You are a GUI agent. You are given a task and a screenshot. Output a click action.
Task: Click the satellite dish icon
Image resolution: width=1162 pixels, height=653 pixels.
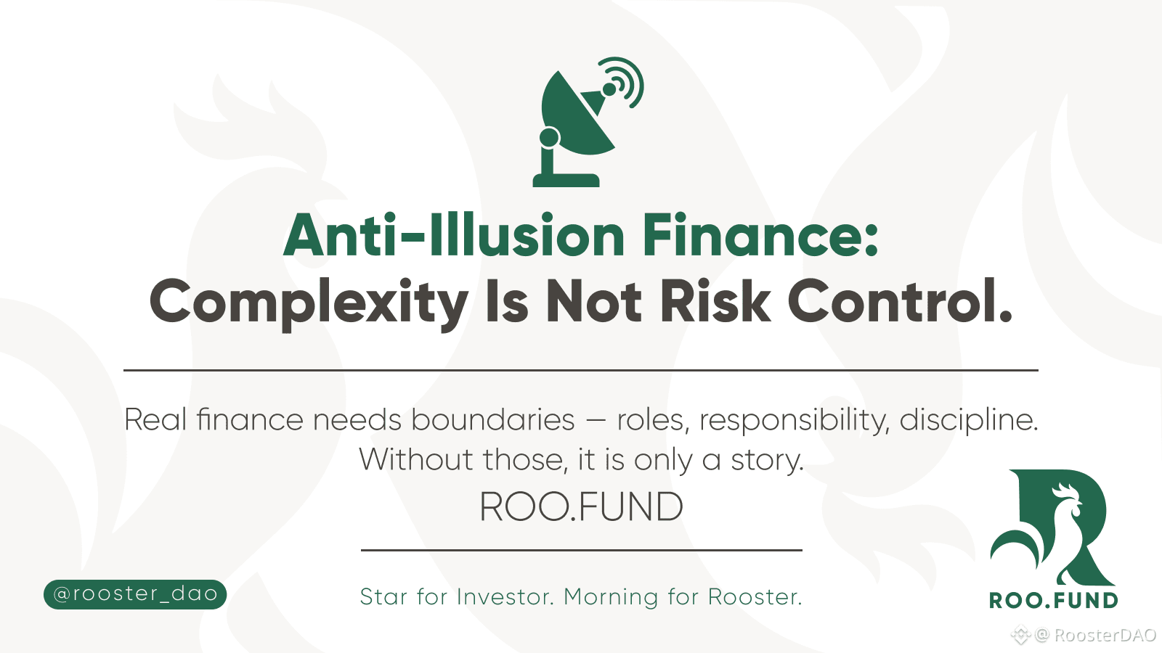click(576, 130)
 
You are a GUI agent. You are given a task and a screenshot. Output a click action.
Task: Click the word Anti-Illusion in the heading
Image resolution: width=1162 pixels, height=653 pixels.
click(454, 236)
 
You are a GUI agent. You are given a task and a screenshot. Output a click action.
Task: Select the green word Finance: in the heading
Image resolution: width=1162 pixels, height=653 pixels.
click(760, 236)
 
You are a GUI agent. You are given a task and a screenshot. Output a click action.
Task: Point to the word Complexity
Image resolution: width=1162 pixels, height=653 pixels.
click(309, 303)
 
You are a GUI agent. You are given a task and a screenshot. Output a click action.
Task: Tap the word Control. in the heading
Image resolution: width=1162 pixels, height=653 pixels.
click(900, 301)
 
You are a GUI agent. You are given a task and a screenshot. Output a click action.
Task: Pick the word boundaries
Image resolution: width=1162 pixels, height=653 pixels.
click(493, 419)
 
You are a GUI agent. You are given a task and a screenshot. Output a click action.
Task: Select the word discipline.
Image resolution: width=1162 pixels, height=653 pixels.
click(969, 421)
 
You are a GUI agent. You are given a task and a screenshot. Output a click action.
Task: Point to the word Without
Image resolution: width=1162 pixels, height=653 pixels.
click(416, 459)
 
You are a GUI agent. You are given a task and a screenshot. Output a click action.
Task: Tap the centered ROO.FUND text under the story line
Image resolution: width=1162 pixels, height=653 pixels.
click(582, 507)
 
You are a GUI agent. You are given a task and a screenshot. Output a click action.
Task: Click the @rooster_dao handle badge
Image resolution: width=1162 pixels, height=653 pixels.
click(135, 594)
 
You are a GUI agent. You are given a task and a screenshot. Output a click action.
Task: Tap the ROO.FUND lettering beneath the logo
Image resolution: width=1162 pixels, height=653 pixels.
click(1054, 601)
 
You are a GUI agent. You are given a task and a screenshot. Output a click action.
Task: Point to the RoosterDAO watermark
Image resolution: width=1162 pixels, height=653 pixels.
click(1084, 635)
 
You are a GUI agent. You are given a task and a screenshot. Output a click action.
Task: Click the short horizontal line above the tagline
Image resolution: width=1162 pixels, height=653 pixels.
click(582, 550)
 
